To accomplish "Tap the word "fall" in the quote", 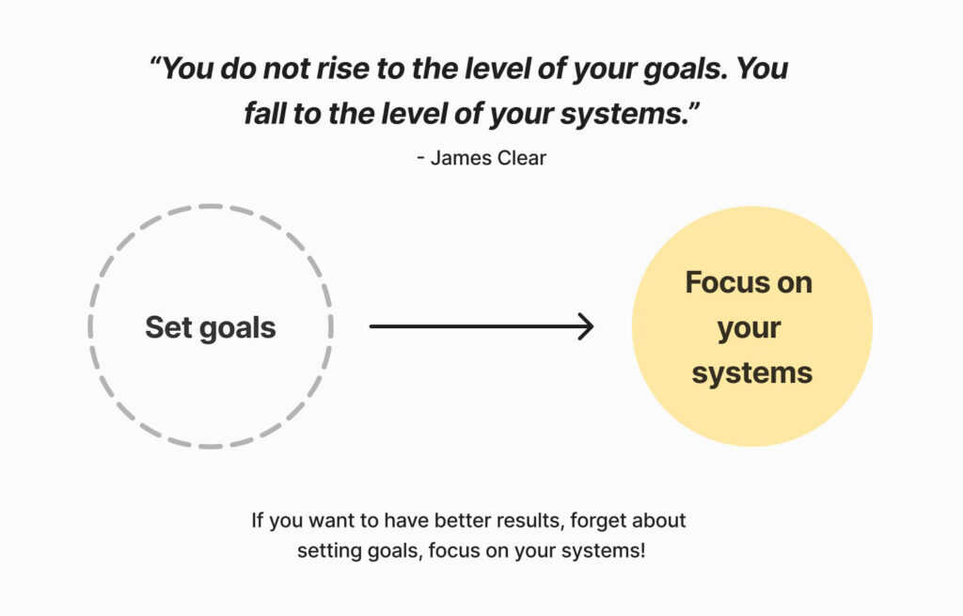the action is (x=264, y=114).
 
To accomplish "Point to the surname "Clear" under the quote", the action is (x=521, y=158).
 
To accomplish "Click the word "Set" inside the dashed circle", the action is (x=168, y=327).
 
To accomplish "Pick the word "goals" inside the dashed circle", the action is (x=238, y=328).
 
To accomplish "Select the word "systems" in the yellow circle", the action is (x=752, y=372).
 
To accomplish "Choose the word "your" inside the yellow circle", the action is (x=750, y=328).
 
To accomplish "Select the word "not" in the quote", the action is (x=288, y=69).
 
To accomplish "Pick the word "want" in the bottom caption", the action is (x=333, y=521).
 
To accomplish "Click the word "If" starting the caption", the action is (x=258, y=520).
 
